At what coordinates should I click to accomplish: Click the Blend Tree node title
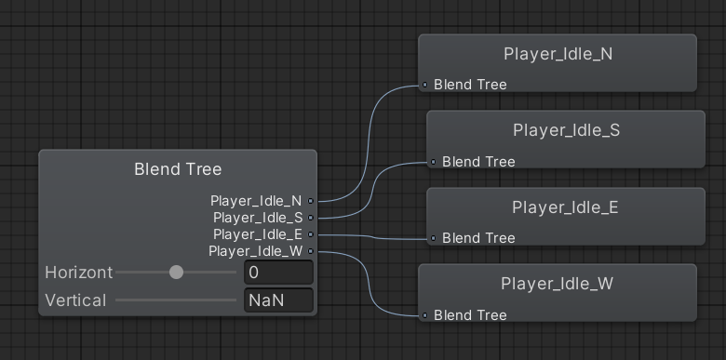tap(178, 169)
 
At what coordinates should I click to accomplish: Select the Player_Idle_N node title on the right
tap(558, 54)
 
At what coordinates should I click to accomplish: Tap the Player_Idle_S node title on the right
tap(566, 130)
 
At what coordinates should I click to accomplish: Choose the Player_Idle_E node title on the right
tap(565, 207)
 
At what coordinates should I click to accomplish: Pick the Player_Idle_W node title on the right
tap(557, 284)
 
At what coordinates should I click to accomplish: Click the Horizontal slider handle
tap(176, 273)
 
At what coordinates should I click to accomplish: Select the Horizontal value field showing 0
tap(278, 273)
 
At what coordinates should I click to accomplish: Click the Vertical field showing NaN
tap(278, 300)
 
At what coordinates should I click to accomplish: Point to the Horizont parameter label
tap(78, 273)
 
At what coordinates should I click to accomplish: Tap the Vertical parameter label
tap(75, 300)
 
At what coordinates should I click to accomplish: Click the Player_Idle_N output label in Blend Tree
tap(256, 200)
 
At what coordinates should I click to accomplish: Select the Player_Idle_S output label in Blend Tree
tap(257, 218)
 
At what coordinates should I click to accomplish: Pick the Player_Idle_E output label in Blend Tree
tap(257, 234)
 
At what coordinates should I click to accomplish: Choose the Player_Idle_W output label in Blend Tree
tap(255, 251)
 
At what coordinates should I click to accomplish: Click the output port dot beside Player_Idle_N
tap(311, 200)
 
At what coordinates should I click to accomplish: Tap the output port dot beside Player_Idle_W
tap(311, 251)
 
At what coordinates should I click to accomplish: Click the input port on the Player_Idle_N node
tap(424, 85)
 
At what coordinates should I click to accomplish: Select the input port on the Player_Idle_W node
tap(424, 315)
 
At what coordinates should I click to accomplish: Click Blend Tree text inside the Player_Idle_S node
tap(478, 162)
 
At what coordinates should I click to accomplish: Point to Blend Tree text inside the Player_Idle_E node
tap(478, 238)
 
